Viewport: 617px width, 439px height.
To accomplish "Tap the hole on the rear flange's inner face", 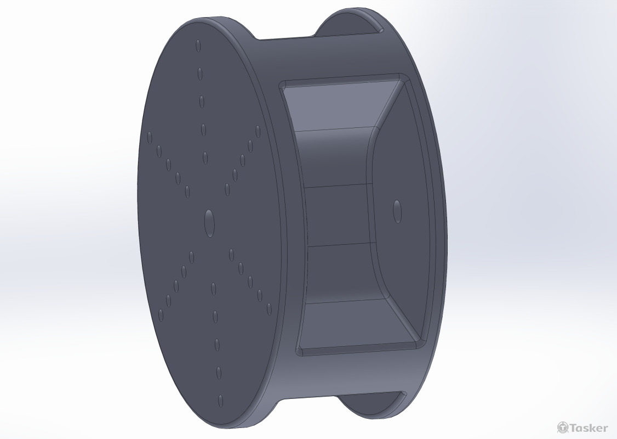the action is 397,211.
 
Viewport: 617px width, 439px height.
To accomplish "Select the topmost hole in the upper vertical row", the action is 198,46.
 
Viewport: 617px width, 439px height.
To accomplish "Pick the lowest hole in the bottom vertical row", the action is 220,401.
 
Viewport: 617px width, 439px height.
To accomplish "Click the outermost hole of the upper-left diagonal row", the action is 150,138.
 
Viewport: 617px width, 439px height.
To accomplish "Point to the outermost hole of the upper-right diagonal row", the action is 258,132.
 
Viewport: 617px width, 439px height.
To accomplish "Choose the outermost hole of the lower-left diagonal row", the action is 161,315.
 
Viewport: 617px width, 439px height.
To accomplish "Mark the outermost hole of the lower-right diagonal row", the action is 269,309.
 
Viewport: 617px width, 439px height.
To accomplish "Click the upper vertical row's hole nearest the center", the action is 205,158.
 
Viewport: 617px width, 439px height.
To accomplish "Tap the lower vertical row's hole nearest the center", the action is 214,289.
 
